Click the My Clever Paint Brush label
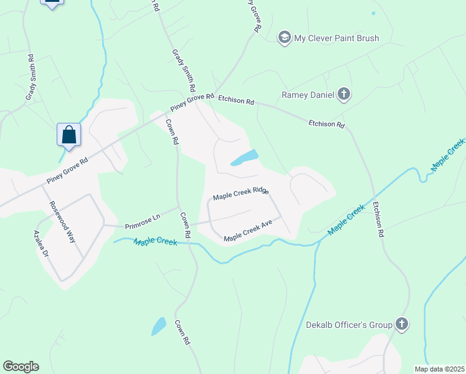coord(336,38)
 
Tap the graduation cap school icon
coord(285,37)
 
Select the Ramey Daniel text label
coord(308,95)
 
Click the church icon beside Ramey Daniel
coord(343,95)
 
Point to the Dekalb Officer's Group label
coord(349,325)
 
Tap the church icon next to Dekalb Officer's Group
coord(402,324)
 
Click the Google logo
coord(21,367)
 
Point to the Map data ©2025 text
coord(439,369)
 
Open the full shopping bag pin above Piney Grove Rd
coord(69,135)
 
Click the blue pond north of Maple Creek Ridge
coord(245,158)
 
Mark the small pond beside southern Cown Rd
coord(159,326)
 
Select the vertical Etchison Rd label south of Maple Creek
coord(377,219)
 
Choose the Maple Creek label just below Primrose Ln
coord(155,241)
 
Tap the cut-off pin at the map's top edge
coord(52,3)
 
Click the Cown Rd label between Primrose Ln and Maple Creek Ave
coord(186,226)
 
